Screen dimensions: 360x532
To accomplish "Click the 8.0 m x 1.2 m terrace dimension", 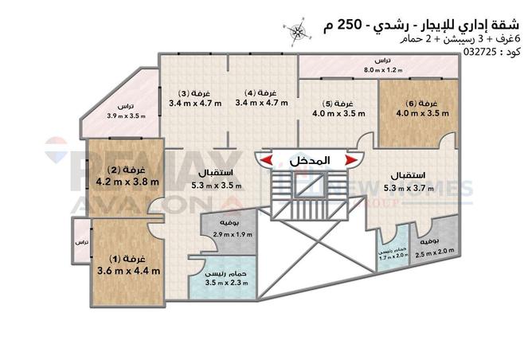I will click(x=382, y=70).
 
